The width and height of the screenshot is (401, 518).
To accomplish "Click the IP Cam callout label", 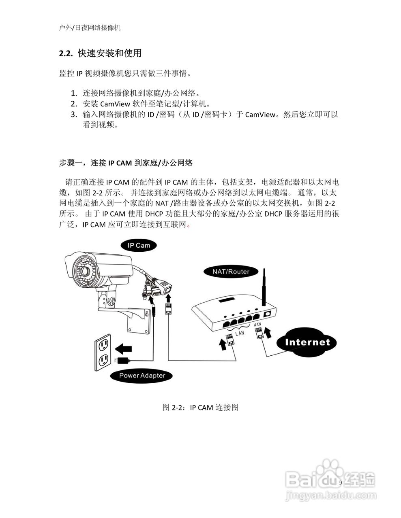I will pos(139,245).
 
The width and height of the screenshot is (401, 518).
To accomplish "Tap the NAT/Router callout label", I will pos(231,272).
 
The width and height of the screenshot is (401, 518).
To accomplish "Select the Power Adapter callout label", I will pos(142,376).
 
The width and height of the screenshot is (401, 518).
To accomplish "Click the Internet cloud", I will pos(307,342).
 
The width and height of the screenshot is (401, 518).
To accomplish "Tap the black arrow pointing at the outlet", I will pos(124,348).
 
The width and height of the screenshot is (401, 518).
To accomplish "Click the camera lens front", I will pos(83,270).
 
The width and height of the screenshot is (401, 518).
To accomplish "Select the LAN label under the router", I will pos(240,333).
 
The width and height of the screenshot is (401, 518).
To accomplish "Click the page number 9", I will pos(340,483).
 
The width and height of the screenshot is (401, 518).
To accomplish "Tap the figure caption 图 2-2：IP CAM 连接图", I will pos(200,407).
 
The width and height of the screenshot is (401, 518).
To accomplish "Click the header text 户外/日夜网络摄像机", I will pos(90,28).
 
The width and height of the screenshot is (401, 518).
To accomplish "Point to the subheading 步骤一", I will pos(71,163).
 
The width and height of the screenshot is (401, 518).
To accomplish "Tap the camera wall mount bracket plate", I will pos(140,324).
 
